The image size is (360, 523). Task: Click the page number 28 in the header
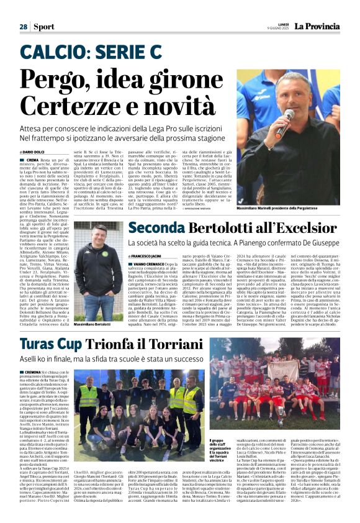click(x=23, y=27)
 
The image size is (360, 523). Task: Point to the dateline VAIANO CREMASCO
click(x=148, y=263)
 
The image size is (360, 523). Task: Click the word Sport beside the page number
click(x=44, y=27)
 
